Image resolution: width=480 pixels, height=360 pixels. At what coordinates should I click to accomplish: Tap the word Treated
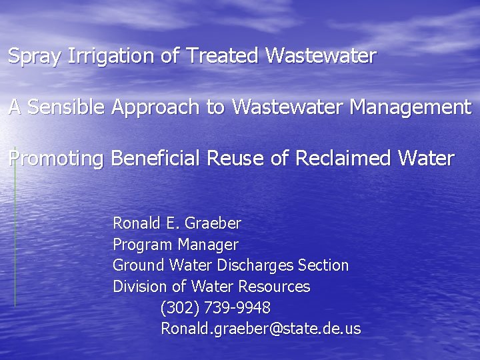[x=223, y=55]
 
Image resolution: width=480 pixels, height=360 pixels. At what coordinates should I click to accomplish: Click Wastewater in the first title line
[x=321, y=55]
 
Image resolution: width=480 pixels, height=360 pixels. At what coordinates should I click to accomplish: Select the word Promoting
[x=56, y=159]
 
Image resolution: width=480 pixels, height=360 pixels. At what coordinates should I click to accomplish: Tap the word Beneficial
[x=157, y=159]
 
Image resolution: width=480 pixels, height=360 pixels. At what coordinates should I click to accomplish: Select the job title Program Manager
[x=175, y=244]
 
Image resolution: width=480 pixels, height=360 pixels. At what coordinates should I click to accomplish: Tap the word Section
[x=323, y=265]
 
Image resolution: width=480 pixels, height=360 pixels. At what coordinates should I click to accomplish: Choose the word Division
[x=139, y=287]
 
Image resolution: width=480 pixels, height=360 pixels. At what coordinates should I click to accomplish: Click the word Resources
[x=274, y=287]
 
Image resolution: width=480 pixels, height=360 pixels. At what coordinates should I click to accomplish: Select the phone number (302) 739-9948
[x=215, y=308]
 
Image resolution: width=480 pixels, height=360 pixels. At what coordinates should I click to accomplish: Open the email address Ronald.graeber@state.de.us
[x=260, y=329]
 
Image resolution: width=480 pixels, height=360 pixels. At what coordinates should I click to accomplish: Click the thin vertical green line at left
[x=15, y=227]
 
